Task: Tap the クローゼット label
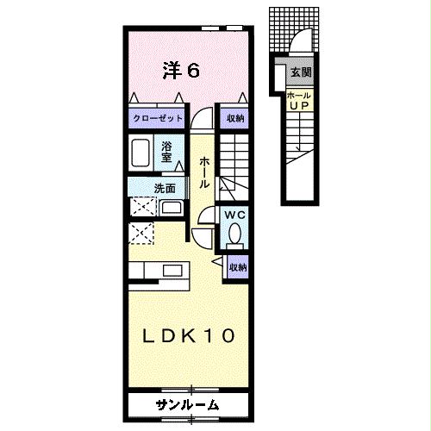[x=156, y=119]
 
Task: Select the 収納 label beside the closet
[x=234, y=119]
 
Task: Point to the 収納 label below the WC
[x=237, y=267]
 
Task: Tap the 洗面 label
[x=141, y=188]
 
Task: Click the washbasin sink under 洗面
[x=170, y=207]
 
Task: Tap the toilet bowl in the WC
[x=234, y=234]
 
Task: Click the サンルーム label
[x=187, y=404]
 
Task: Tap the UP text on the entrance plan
[x=299, y=105]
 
